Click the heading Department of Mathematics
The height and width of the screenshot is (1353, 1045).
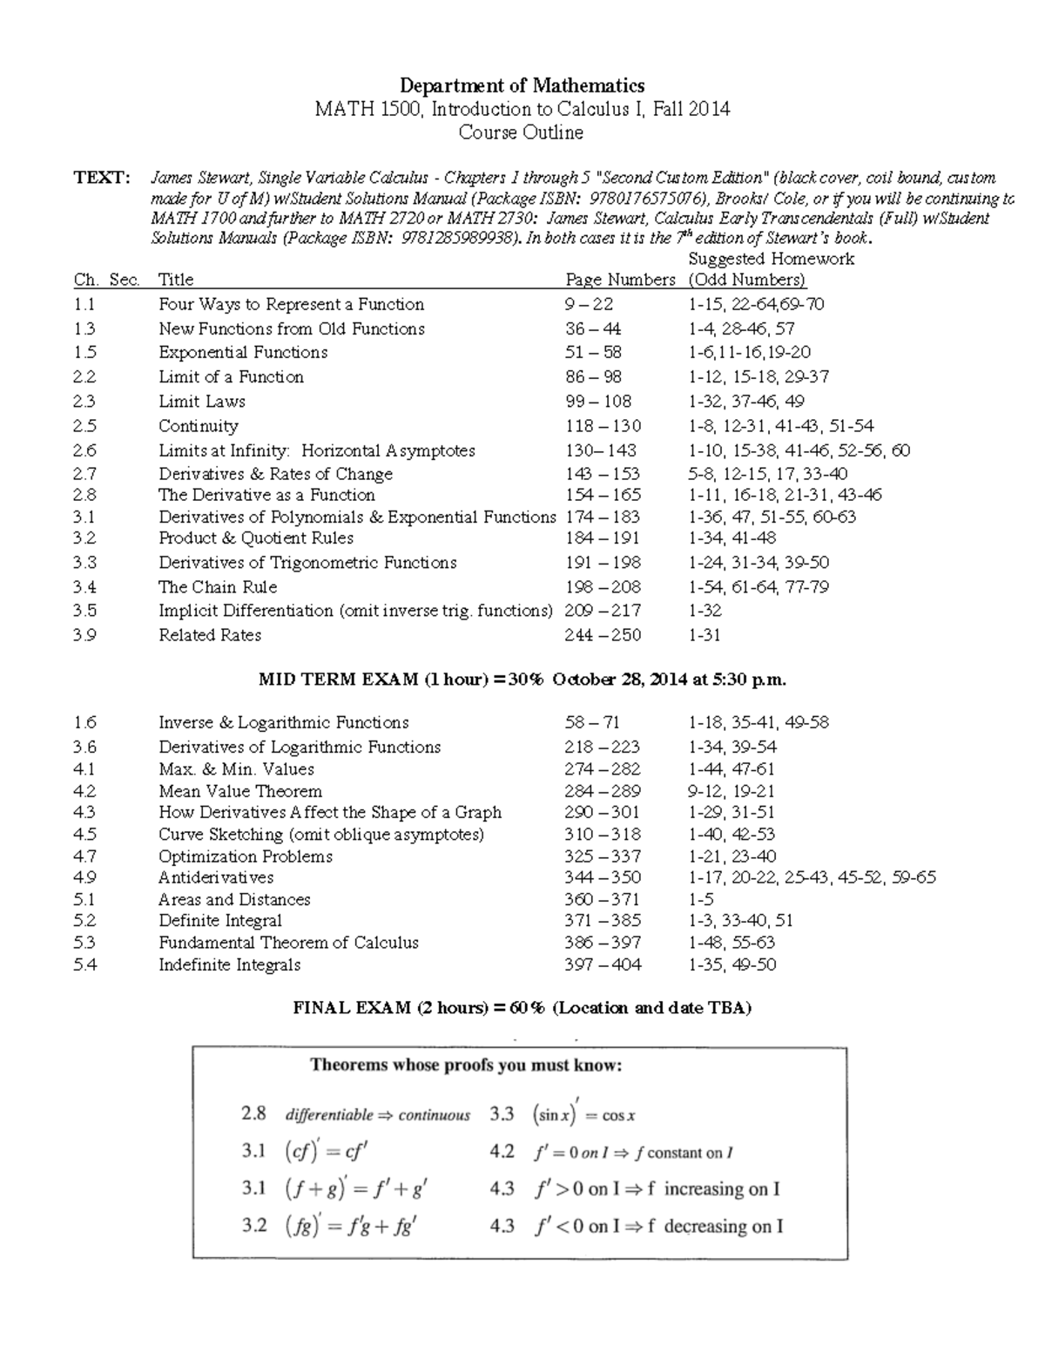(x=522, y=85)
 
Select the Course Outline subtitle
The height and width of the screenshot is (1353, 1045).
(x=521, y=132)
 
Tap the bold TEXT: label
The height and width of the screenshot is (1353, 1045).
(x=102, y=178)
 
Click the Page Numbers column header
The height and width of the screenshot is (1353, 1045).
(x=620, y=280)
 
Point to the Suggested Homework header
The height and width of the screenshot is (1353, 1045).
(x=771, y=259)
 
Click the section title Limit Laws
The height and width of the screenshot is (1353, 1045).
(x=202, y=402)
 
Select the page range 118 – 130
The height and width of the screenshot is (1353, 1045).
(x=603, y=426)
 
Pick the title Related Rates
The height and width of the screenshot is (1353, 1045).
(x=210, y=635)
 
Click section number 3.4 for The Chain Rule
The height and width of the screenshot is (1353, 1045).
(x=85, y=587)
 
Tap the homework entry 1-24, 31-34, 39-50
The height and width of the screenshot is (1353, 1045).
(x=758, y=563)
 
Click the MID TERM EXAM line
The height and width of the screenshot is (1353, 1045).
(x=522, y=680)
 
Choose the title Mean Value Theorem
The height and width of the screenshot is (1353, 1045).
(x=240, y=791)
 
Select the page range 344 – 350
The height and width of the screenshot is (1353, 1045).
(x=603, y=877)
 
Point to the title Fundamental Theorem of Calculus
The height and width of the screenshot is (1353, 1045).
(x=288, y=943)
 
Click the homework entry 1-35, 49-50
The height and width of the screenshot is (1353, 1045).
(x=732, y=964)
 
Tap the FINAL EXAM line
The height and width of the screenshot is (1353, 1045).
(x=522, y=1008)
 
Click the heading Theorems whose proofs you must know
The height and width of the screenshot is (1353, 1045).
(x=466, y=1065)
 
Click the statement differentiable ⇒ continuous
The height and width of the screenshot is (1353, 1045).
(x=377, y=1115)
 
